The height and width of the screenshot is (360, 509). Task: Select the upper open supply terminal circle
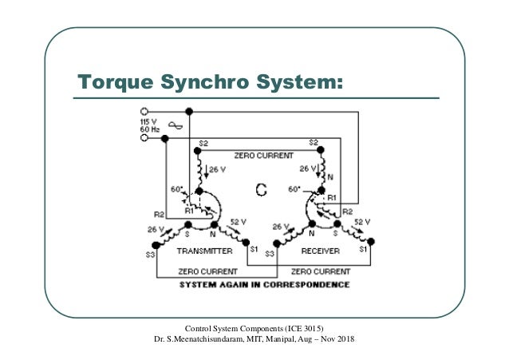click(144, 111)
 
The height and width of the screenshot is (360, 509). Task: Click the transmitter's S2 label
click(203, 144)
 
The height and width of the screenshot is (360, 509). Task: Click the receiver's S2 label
click(313, 144)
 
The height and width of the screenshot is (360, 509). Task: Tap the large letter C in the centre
click(261, 190)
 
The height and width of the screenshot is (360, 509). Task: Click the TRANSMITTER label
click(204, 251)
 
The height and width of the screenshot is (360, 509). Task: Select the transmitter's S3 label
click(148, 255)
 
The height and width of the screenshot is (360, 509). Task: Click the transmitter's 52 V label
click(238, 221)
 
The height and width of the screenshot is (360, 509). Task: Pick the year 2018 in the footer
click(345, 341)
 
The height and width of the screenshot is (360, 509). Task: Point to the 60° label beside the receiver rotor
click(296, 190)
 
